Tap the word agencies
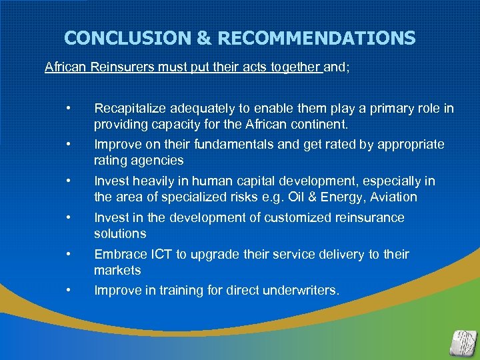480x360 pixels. pyautogui.click(x=159, y=161)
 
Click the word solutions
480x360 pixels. pyautogui.click(x=120, y=234)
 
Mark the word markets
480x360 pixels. pyautogui.click(x=117, y=271)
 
